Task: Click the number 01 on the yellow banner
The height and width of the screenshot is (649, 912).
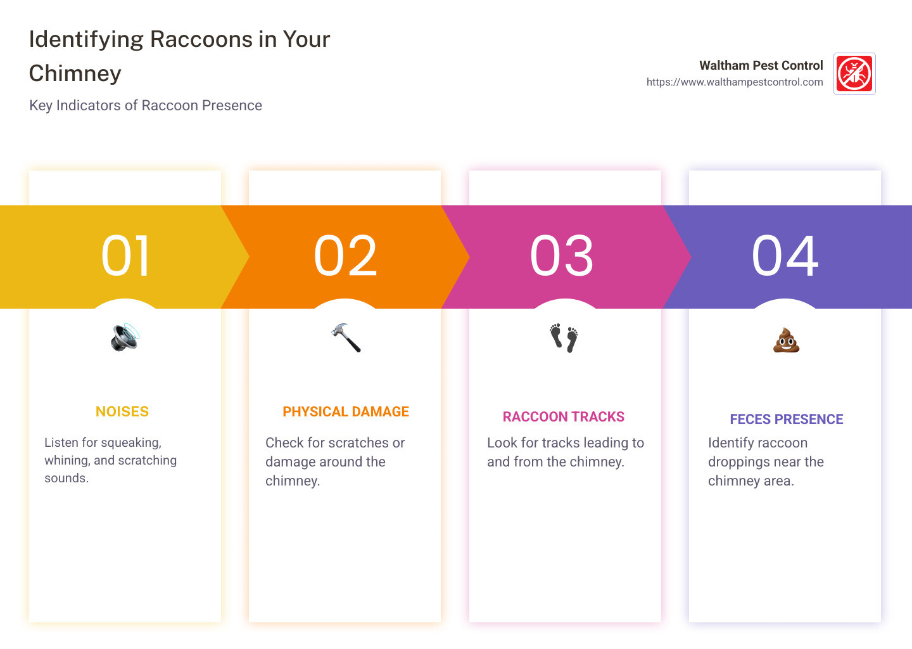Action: pos(125,256)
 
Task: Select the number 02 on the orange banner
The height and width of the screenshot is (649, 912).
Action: pos(345,256)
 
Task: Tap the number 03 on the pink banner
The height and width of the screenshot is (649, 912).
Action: pos(561,256)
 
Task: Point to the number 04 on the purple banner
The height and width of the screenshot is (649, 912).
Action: pos(785,256)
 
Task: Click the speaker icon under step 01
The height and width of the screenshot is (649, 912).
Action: pos(125,337)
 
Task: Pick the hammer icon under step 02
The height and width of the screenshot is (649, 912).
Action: pos(346,337)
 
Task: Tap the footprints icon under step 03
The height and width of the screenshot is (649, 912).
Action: pos(564,338)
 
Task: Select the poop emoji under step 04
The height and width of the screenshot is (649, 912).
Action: pos(786,340)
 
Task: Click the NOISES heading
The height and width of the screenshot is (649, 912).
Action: pos(122,411)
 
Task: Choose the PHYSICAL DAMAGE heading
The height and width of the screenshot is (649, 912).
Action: pos(346,411)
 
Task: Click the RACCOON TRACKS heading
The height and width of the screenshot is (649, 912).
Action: pos(564,417)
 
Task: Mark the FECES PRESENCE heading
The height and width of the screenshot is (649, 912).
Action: pos(786,419)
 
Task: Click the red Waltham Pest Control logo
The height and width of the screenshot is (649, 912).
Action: pos(854,74)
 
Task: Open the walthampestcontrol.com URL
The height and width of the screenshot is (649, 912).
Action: pos(735,82)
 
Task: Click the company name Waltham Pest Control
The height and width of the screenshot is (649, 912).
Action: pos(761,65)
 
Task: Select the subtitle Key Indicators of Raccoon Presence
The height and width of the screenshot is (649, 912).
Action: pos(146,105)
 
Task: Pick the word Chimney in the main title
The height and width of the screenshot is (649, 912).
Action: pos(75,74)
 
